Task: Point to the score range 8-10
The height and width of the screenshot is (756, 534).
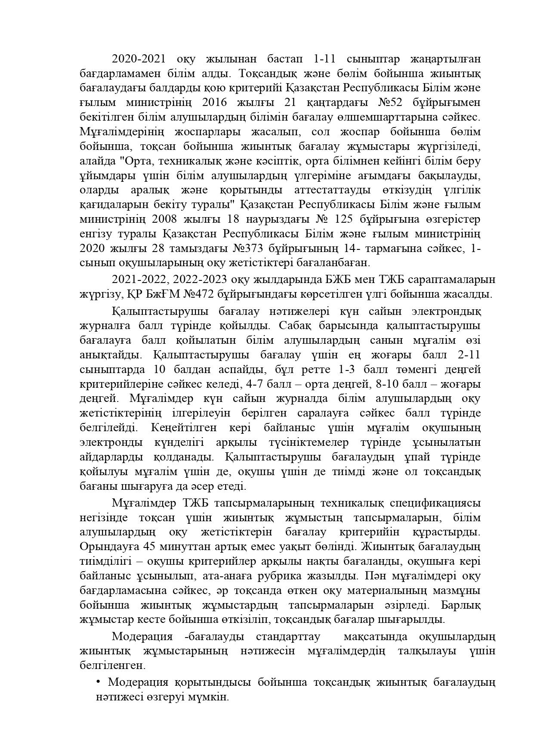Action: (x=386, y=384)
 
